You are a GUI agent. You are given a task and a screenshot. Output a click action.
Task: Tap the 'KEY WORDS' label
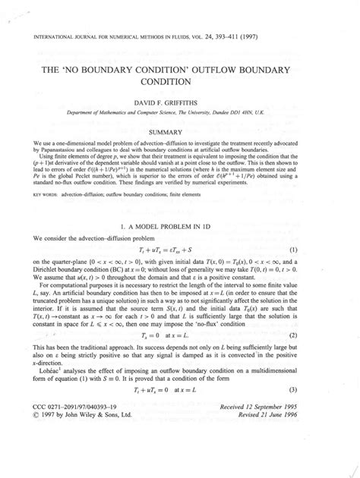tap(43, 193)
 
